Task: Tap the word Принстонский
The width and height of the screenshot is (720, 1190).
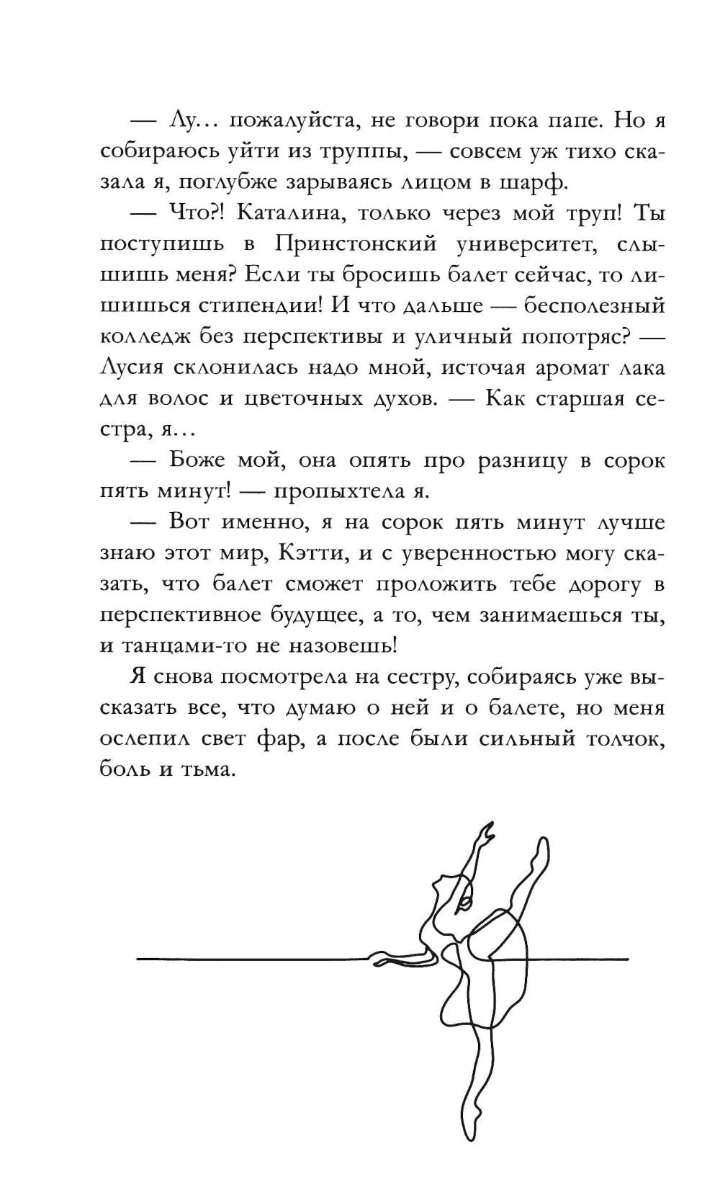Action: [x=356, y=244]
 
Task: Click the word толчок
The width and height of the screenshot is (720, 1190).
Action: [x=623, y=739]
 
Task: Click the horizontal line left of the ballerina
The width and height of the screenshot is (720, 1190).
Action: [x=252, y=959]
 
